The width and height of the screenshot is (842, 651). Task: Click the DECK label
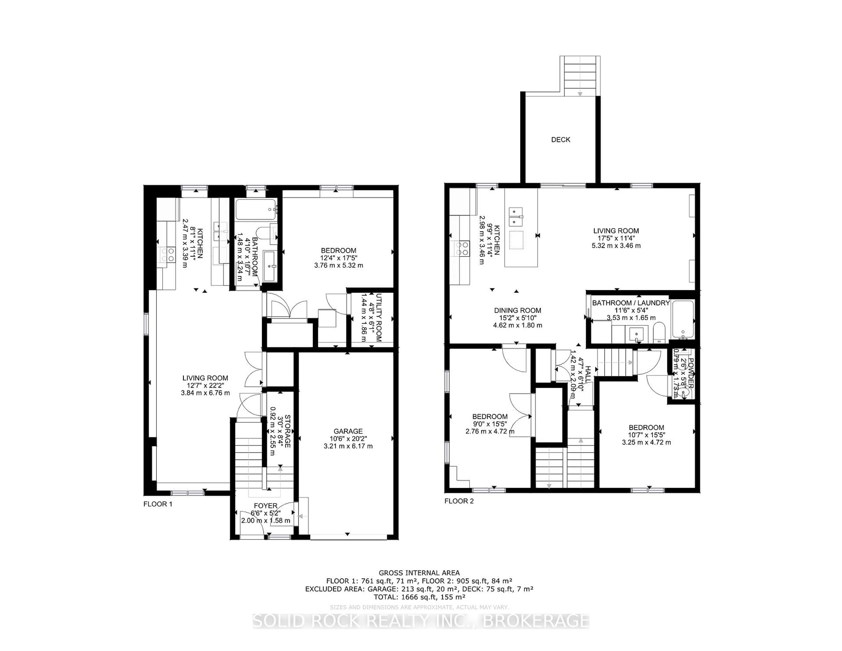560,140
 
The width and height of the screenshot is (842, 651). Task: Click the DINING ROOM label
517,310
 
